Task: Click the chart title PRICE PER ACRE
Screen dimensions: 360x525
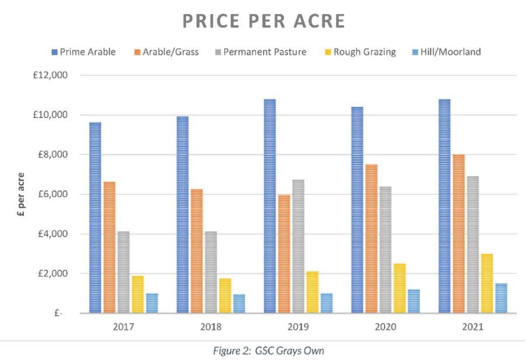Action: (x=264, y=21)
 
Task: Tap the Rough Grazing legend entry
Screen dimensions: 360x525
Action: (x=359, y=52)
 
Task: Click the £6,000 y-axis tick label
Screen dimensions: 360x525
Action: (x=51, y=194)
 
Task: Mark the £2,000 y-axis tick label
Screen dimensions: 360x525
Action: (x=51, y=274)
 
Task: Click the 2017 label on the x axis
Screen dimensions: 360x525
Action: (x=124, y=327)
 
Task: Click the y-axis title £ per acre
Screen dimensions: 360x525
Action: (x=22, y=194)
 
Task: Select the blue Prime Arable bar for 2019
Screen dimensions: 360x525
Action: (x=269, y=206)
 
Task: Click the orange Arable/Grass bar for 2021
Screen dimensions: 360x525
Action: (x=458, y=233)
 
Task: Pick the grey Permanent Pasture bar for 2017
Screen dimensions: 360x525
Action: (x=123, y=272)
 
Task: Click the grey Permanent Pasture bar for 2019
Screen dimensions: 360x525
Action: (x=298, y=246)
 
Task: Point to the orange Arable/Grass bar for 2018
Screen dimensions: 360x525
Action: (x=196, y=251)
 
